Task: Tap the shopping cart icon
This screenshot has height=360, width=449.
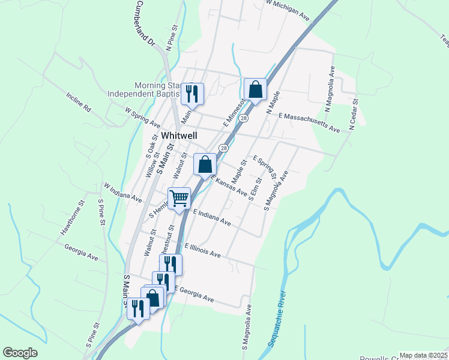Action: pos(179,198)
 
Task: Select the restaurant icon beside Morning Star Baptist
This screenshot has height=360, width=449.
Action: pos(192,94)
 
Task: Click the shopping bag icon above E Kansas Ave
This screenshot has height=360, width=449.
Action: pos(205,164)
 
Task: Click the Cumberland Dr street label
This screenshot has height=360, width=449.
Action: pos(145,25)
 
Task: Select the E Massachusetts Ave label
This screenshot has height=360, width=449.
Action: pos(309,122)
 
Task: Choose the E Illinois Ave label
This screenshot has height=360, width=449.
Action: pos(202,251)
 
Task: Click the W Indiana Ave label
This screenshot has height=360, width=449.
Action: pos(122,193)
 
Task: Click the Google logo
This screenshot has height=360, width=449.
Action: pos(20,353)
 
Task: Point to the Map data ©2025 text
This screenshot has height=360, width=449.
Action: pos(423,355)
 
